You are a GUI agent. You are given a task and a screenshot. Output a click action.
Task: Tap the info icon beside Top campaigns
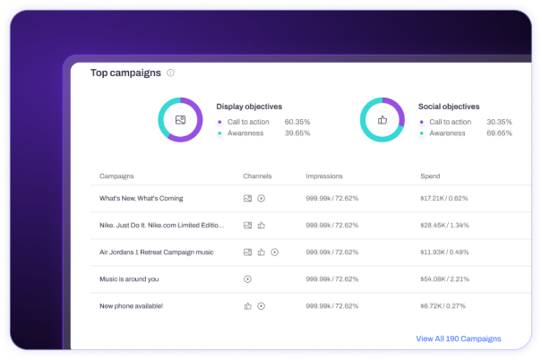[x=170, y=73]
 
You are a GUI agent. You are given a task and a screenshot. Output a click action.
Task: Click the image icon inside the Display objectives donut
[x=180, y=120]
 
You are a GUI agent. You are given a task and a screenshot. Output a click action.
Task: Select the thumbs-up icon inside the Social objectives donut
[x=383, y=120]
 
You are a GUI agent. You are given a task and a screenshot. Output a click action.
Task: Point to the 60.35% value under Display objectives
[x=297, y=122]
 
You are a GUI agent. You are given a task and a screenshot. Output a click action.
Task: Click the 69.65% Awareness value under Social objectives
[x=499, y=133]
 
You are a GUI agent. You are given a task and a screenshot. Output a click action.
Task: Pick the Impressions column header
[x=324, y=176]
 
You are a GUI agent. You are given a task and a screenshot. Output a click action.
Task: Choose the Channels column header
[x=257, y=176]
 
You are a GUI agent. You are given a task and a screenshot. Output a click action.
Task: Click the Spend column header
[x=430, y=176]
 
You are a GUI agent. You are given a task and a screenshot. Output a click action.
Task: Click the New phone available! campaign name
[x=133, y=305]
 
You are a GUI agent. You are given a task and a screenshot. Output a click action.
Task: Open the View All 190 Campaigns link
[x=459, y=339]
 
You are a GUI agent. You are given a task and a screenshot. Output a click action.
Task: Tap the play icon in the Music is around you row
[x=247, y=279]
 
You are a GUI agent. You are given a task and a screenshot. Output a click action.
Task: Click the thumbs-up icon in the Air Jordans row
[x=261, y=253]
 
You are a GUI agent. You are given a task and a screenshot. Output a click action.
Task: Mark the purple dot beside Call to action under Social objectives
[x=422, y=122]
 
